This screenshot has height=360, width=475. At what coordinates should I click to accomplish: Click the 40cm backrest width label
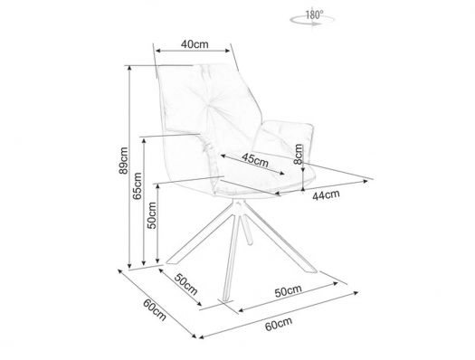[195, 44]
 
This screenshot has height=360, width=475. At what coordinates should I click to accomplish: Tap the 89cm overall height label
[124, 160]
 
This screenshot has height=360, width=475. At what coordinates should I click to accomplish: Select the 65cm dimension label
[138, 185]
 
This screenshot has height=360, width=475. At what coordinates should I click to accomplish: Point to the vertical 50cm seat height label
[151, 215]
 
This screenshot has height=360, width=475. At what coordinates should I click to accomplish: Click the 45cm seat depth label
[255, 159]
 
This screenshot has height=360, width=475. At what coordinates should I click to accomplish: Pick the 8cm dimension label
[299, 154]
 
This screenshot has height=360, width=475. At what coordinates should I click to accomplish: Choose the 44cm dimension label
[326, 195]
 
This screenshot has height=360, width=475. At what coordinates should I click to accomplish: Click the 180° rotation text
[315, 14]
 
